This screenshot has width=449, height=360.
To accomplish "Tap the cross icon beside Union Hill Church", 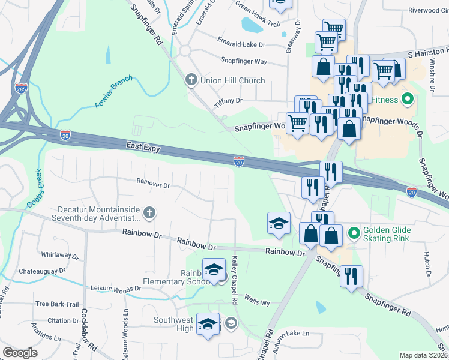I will pos(191,80).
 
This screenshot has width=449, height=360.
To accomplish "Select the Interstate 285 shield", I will pos(21,89).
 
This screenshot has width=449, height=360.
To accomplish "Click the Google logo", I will pos(20,353).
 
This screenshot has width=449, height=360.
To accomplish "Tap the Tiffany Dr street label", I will pos(229,101).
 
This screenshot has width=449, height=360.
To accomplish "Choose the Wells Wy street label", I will pos(257,298).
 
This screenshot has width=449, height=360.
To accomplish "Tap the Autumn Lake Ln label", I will pos(289,333).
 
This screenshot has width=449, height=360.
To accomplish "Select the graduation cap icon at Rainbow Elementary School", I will pos(213,269).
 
